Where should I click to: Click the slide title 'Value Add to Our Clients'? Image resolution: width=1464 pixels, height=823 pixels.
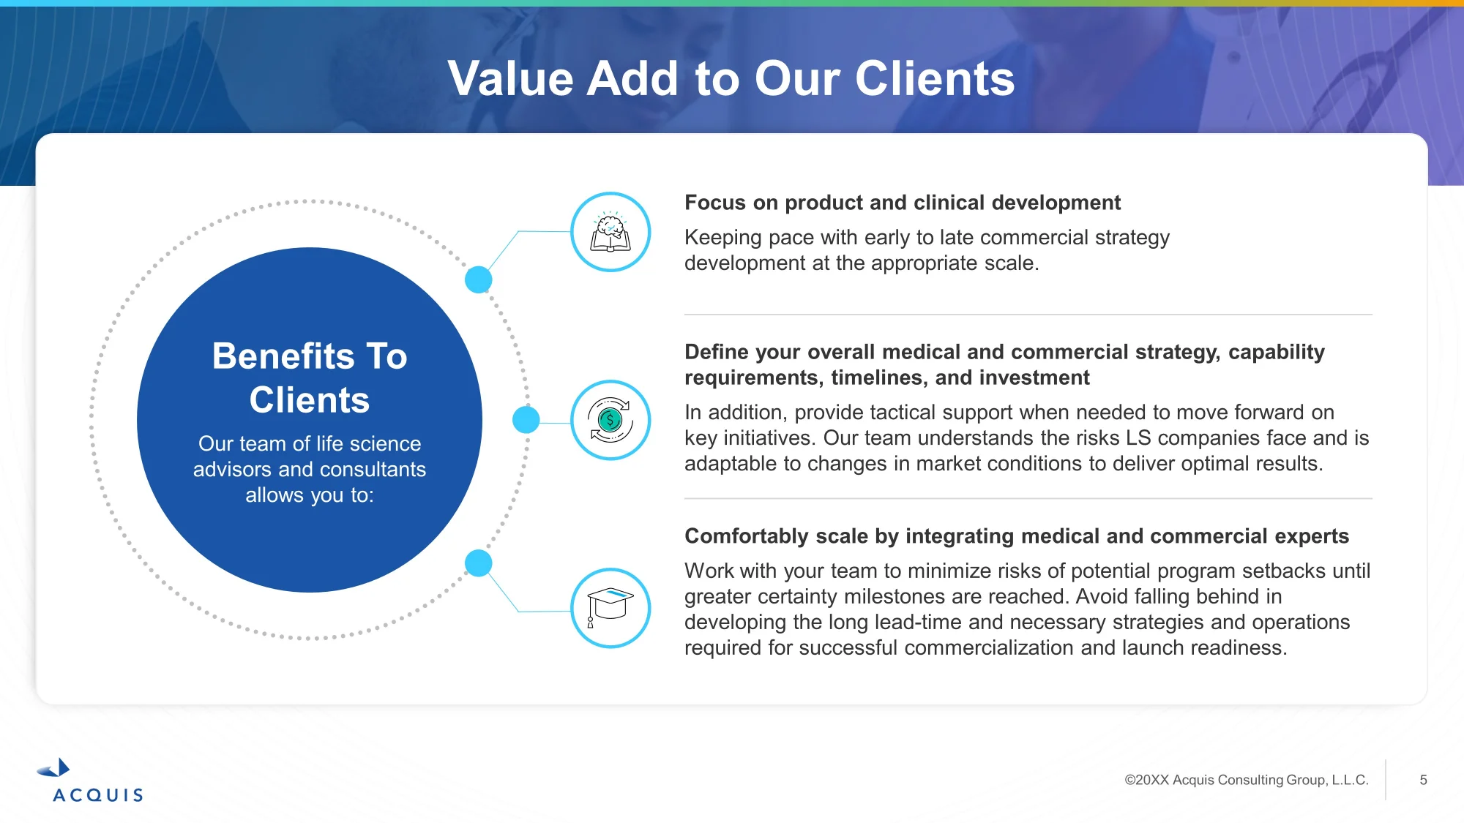[x=731, y=78]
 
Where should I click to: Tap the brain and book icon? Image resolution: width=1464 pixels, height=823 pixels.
[x=610, y=232]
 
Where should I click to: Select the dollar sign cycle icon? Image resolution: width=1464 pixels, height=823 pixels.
[x=610, y=420]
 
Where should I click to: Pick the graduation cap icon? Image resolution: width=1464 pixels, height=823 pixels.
[x=610, y=608]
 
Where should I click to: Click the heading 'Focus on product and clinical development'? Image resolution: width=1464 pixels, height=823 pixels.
[x=903, y=203]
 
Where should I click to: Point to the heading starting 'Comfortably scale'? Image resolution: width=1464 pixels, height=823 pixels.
[x=1017, y=536]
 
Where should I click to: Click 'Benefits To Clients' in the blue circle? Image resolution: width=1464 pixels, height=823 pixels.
[x=310, y=377]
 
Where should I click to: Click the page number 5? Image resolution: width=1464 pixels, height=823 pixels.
[x=1423, y=780]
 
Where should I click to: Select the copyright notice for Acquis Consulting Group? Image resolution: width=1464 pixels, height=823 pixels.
[x=1247, y=780]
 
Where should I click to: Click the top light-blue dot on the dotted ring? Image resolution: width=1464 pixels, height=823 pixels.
[x=479, y=279]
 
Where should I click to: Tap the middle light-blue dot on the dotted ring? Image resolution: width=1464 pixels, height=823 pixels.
[x=526, y=420]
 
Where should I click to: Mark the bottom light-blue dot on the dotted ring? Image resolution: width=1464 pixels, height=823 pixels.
[x=479, y=563]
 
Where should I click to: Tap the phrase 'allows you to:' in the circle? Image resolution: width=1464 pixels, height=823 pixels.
[x=310, y=495]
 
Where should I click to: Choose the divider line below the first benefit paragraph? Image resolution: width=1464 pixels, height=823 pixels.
[x=1028, y=315]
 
